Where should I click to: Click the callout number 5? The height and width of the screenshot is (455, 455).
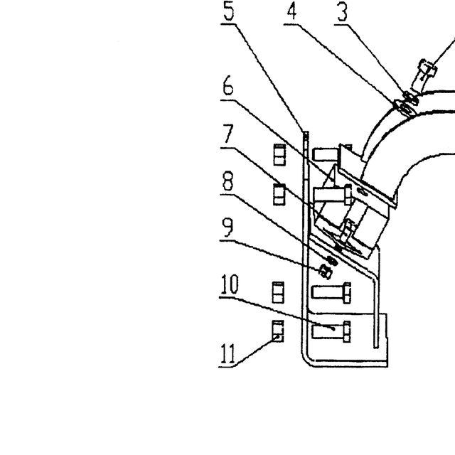click(x=229, y=11)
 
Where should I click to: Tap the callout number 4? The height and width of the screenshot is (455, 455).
click(x=292, y=12)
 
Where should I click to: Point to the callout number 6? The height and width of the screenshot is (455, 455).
click(x=228, y=85)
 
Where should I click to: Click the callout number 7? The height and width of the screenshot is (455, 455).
click(x=228, y=134)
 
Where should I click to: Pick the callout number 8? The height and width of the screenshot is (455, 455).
click(x=227, y=181)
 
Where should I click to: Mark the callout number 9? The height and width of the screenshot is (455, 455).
click(x=227, y=227)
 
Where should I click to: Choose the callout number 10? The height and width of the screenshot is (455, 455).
click(x=230, y=284)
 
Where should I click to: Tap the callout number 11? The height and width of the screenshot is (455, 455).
click(x=228, y=353)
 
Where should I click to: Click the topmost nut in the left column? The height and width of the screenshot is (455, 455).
click(x=279, y=155)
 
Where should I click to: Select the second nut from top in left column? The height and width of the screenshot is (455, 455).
click(x=279, y=194)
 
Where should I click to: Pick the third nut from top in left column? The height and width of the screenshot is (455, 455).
click(x=278, y=292)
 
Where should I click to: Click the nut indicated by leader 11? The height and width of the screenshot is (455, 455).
click(x=278, y=331)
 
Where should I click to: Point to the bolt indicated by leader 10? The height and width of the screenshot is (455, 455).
click(x=331, y=331)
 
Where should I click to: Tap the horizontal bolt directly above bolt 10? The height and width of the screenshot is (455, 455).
click(x=331, y=292)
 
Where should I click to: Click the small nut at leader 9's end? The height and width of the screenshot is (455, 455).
click(x=326, y=272)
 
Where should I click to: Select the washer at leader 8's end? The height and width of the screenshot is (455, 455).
click(x=332, y=261)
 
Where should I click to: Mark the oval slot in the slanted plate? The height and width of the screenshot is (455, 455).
click(x=362, y=191)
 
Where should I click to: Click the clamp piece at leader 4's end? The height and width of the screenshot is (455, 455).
click(x=405, y=108)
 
